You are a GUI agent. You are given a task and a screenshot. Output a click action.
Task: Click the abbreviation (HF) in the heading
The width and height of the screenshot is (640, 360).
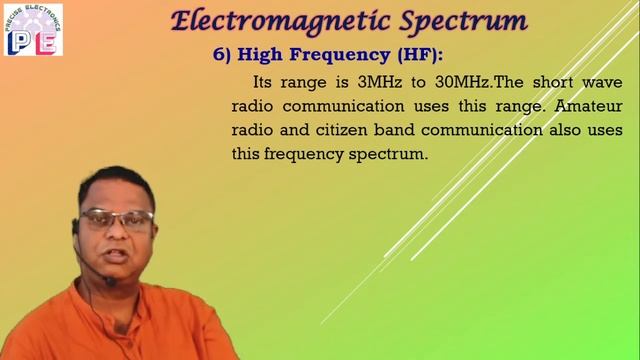pos(410,56)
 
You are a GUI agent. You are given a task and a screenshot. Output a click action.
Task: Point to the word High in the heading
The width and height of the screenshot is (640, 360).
pos(268,56)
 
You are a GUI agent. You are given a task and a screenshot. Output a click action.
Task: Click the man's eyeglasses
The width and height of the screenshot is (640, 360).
pos(119,219)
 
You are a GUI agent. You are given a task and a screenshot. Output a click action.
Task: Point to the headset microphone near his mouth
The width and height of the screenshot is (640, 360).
pos(111,282)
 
